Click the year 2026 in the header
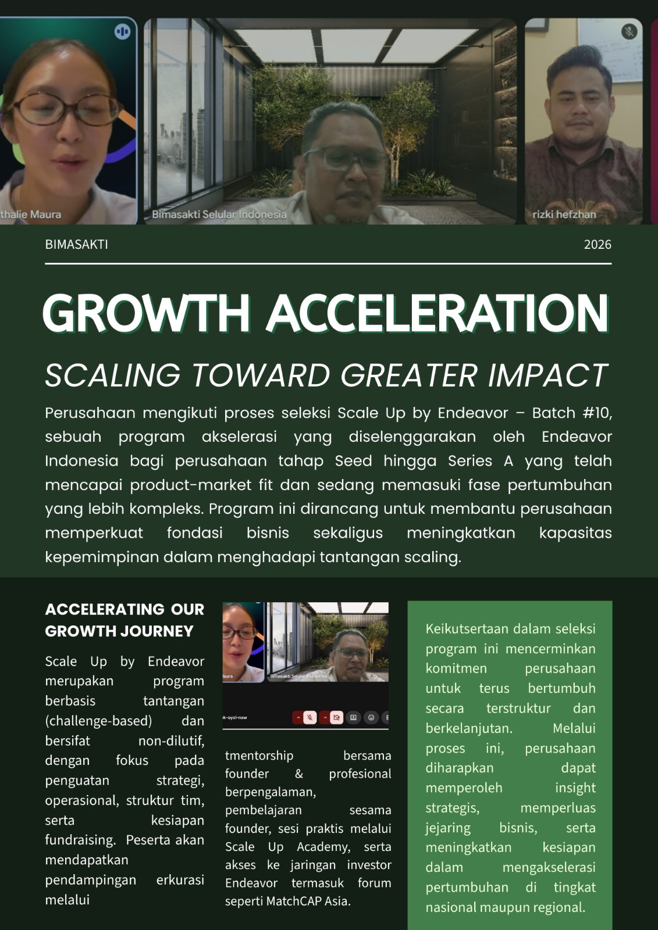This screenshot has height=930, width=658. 597,245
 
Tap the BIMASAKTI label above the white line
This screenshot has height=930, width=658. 76,245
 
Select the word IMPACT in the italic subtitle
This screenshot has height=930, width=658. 547,375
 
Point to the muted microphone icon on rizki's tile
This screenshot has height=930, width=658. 629,31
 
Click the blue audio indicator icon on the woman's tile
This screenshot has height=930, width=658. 122,31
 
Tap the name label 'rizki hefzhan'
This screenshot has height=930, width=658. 564,214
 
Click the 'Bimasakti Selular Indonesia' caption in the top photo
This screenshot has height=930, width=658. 219,214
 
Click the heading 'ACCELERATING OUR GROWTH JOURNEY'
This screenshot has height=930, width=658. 125,620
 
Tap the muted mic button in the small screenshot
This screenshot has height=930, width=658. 310,717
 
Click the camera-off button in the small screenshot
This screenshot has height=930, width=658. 337,717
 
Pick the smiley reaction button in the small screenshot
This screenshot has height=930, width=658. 371,717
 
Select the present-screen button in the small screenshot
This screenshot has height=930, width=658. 353,717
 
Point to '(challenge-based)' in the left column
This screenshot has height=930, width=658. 98,721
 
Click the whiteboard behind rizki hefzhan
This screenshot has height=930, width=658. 610,50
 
